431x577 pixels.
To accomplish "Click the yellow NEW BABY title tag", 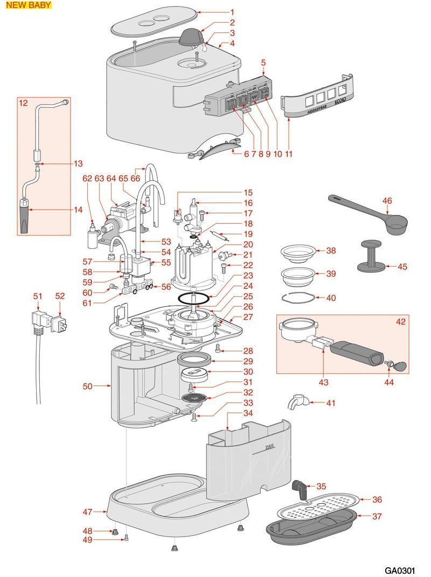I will pos(29,5).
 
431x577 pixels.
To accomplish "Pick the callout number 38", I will pos(331,251).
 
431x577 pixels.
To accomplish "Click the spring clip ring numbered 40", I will pos(297,297).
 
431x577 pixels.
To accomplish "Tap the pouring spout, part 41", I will pos(297,401).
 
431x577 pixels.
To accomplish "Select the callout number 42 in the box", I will pos(400,322).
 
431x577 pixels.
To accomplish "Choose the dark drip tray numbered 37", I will pos(312,525).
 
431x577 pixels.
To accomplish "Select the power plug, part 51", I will pos(38,321).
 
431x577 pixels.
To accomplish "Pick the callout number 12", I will pos(23,102).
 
